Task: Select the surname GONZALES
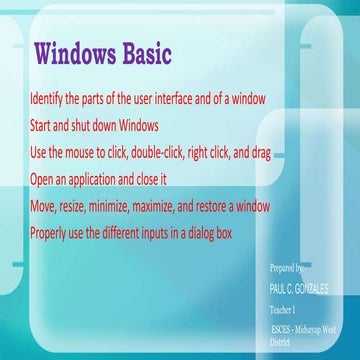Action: (312, 287)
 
